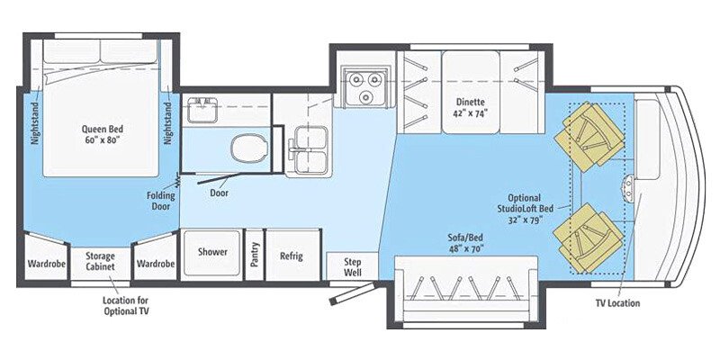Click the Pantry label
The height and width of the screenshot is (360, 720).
[255, 255]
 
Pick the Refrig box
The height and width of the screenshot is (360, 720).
[291, 256]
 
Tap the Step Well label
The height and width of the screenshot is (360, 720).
[353, 265]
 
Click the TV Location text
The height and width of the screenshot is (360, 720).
[617, 303]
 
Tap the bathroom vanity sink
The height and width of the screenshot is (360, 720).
[202, 110]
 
